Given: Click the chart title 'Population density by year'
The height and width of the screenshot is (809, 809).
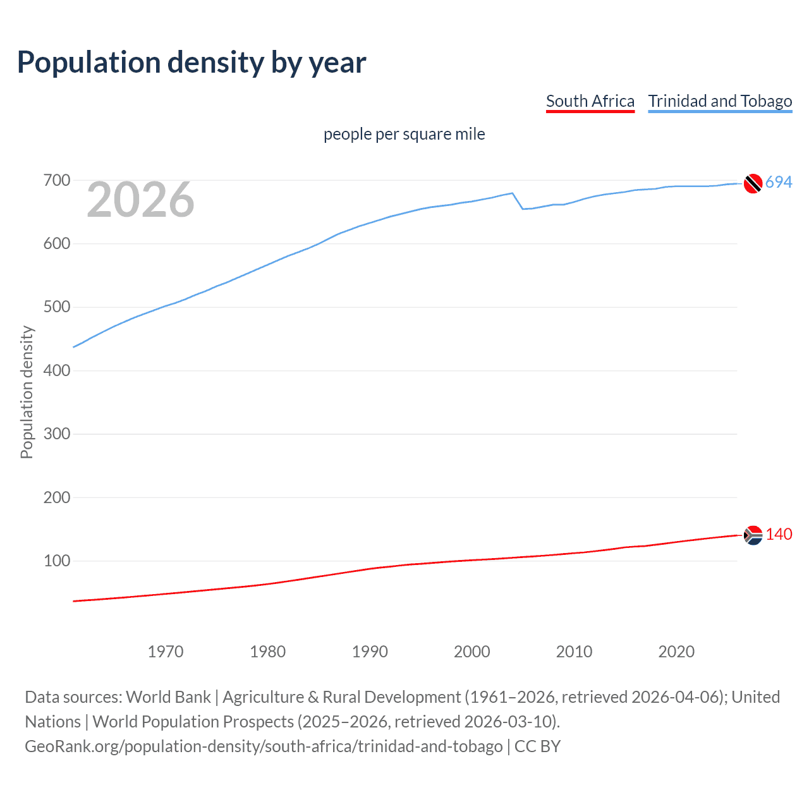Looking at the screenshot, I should [192, 63].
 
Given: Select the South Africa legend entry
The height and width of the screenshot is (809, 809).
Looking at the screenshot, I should [590, 101].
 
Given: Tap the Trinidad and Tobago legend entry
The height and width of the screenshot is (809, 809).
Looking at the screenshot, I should [720, 101].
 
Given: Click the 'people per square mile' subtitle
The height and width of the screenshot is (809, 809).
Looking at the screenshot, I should [404, 134].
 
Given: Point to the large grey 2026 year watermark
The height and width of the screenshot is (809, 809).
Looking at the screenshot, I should [140, 200].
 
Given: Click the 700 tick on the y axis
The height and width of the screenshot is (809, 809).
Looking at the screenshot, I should [56, 181].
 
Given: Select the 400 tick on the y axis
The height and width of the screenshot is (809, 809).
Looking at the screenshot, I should [56, 370].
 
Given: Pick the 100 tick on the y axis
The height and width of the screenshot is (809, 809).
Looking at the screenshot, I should [56, 561].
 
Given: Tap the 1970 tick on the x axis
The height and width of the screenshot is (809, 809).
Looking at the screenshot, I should [166, 652].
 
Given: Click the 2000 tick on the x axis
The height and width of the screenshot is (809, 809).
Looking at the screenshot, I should [472, 652].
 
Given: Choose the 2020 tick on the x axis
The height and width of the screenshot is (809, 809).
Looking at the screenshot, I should [676, 652].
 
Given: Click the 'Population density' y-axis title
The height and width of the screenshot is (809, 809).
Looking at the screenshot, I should [27, 392].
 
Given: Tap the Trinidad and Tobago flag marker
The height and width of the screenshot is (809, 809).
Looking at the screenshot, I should [752, 183].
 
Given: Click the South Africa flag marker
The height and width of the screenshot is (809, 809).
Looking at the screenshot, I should [752, 535].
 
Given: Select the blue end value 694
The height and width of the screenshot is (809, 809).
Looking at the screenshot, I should [779, 183].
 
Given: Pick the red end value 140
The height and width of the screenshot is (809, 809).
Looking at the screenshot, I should [779, 535].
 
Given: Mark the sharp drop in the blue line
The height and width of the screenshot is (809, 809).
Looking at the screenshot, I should [518, 201].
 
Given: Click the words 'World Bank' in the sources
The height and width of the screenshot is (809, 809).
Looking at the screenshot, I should [168, 697].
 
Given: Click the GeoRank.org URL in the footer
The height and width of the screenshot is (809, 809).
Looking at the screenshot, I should [264, 746].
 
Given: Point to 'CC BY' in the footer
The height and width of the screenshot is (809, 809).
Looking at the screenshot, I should [537, 746].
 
